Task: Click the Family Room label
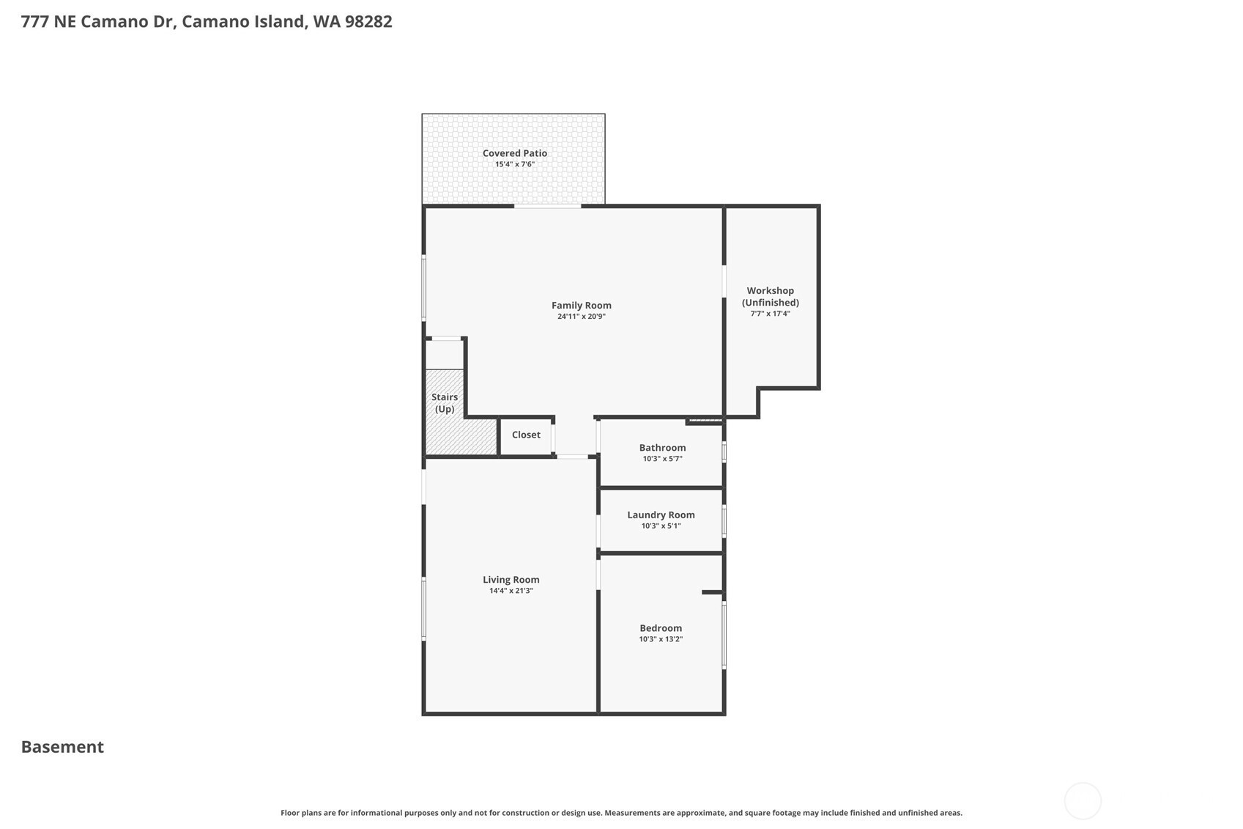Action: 581,306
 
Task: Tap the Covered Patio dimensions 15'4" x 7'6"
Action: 515,164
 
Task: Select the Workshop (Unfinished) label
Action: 771,297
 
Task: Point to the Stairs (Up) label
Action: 445,403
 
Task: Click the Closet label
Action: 526,435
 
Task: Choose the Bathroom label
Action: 662,448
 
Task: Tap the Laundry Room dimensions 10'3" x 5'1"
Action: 661,526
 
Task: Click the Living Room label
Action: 511,580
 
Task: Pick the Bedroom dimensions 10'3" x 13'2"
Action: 661,639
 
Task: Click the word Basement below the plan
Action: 62,747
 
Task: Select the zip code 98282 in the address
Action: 368,22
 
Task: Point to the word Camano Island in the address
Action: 244,22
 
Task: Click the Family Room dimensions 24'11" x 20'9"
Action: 581,317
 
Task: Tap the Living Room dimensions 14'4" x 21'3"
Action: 511,591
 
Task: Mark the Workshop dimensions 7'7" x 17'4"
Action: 771,314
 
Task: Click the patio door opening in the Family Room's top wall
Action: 547,206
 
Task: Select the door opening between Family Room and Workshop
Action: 724,281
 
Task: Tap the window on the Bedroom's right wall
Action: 724,635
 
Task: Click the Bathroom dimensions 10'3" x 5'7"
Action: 662,459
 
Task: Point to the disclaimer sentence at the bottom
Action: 621,813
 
